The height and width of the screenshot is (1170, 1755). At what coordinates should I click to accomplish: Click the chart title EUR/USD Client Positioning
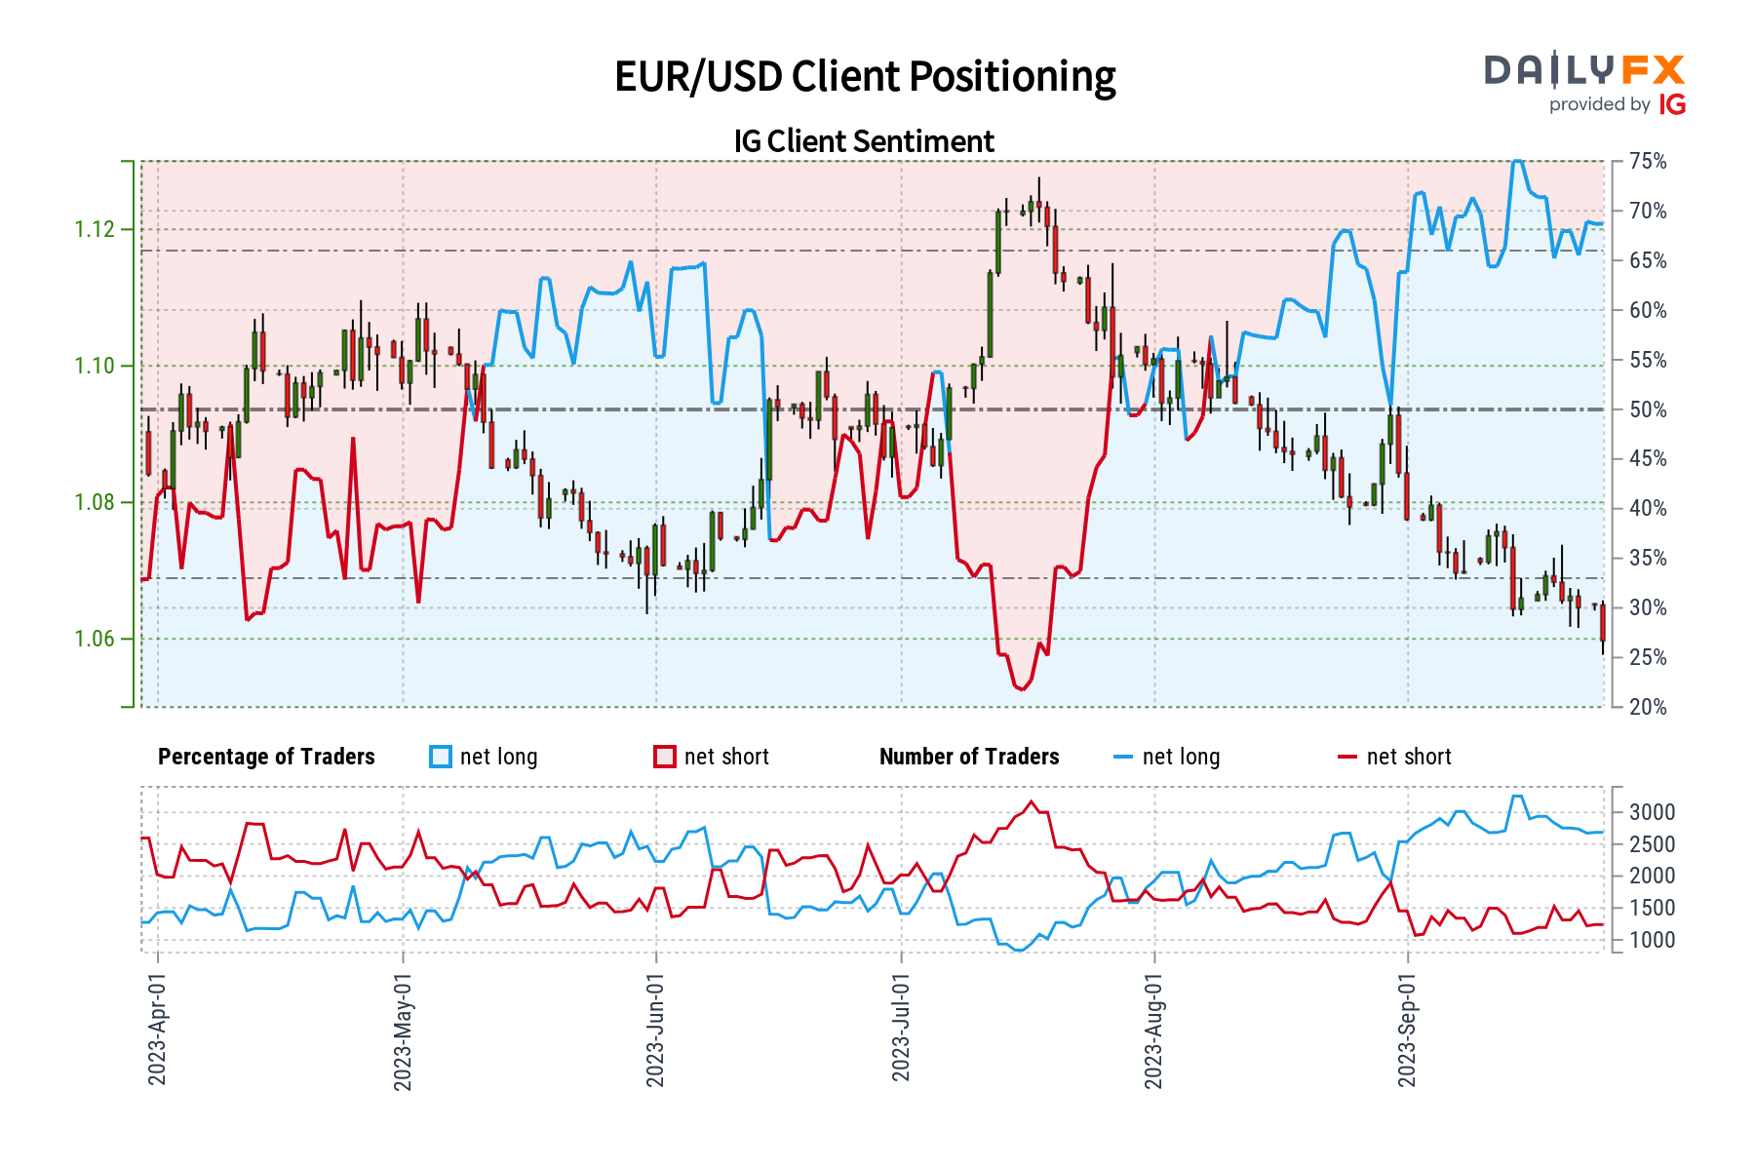click(865, 77)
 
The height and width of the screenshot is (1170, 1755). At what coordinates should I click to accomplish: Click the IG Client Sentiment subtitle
click(864, 141)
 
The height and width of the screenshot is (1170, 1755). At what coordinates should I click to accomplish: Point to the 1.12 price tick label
click(95, 230)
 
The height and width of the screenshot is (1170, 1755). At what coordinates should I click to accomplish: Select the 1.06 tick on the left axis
click(95, 640)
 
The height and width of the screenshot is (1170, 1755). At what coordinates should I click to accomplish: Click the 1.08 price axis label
click(95, 503)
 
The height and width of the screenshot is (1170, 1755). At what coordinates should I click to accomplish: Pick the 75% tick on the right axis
click(1648, 162)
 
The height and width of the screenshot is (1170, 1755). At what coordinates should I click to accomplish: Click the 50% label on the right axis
click(1648, 409)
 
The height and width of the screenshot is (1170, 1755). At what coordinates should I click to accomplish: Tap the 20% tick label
click(1648, 707)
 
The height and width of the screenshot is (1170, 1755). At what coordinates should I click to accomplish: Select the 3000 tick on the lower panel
click(1652, 812)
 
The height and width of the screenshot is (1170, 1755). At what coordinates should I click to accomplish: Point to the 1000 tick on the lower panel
click(1652, 940)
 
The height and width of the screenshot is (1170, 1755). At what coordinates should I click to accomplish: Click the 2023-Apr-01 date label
click(157, 1029)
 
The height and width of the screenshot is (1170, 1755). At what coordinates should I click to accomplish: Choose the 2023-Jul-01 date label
click(901, 1029)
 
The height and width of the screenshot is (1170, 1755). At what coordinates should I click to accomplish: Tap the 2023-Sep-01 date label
click(1407, 1029)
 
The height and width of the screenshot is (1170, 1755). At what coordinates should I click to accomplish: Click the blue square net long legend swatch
click(441, 758)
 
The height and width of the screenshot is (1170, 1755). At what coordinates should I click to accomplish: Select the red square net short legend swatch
click(665, 758)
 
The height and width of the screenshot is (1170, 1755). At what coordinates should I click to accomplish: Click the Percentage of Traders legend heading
click(266, 758)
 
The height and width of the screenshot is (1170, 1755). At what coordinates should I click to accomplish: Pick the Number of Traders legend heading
click(969, 758)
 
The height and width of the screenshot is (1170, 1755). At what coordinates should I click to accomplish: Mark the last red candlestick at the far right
click(1602, 623)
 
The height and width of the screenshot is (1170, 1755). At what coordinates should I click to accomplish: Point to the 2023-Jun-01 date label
click(655, 1029)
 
